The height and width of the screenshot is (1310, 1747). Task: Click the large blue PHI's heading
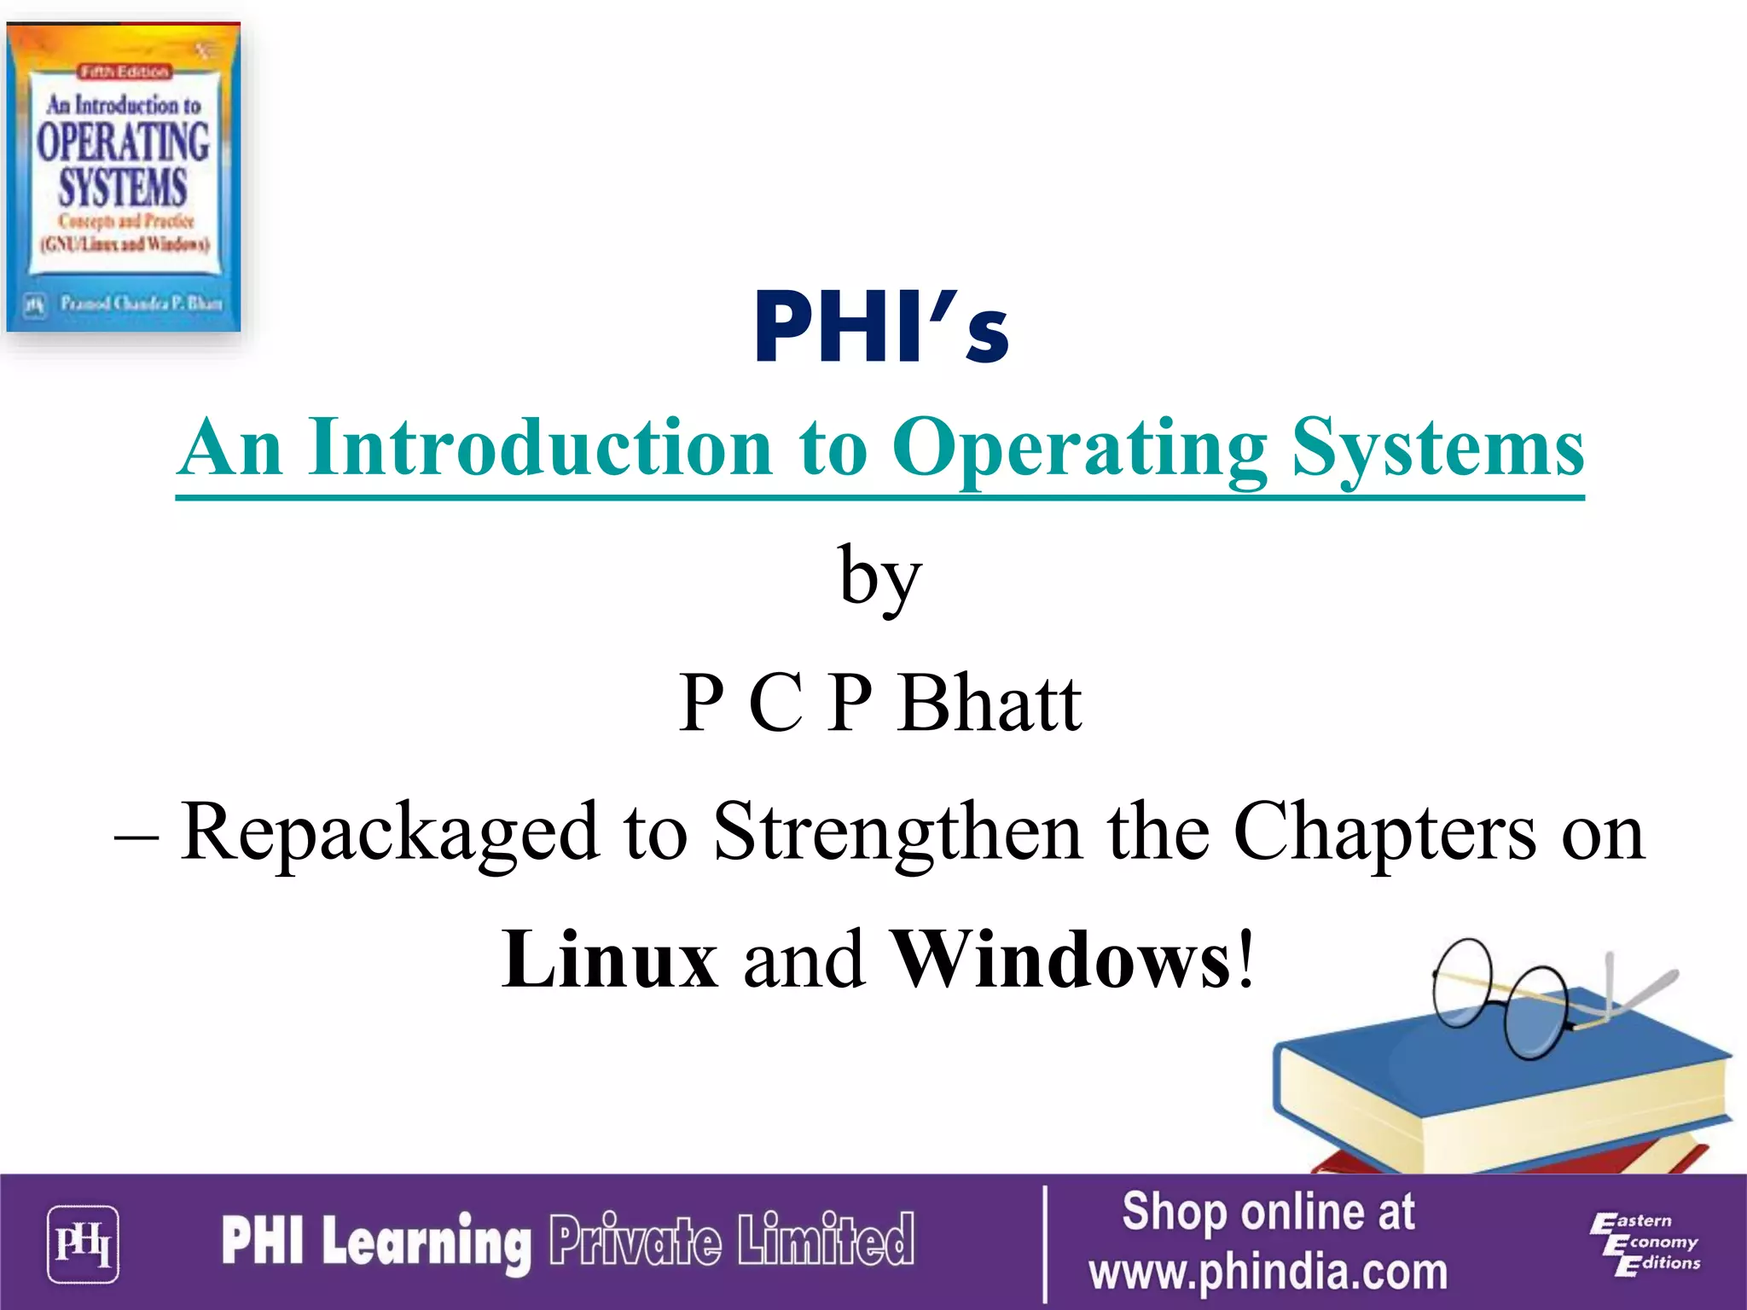(x=881, y=328)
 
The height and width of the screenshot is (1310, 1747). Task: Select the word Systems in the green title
(x=1436, y=449)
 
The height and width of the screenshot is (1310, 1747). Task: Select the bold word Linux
(x=610, y=959)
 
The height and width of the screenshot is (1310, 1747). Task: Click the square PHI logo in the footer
(x=83, y=1244)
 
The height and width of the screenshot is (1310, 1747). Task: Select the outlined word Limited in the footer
(x=826, y=1240)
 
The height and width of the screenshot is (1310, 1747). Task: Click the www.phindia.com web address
(x=1268, y=1272)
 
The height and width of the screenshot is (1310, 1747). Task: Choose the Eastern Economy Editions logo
(x=1644, y=1243)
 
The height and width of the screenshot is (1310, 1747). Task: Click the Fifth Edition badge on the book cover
(x=125, y=72)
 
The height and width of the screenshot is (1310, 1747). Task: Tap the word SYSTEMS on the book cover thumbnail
(x=123, y=188)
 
